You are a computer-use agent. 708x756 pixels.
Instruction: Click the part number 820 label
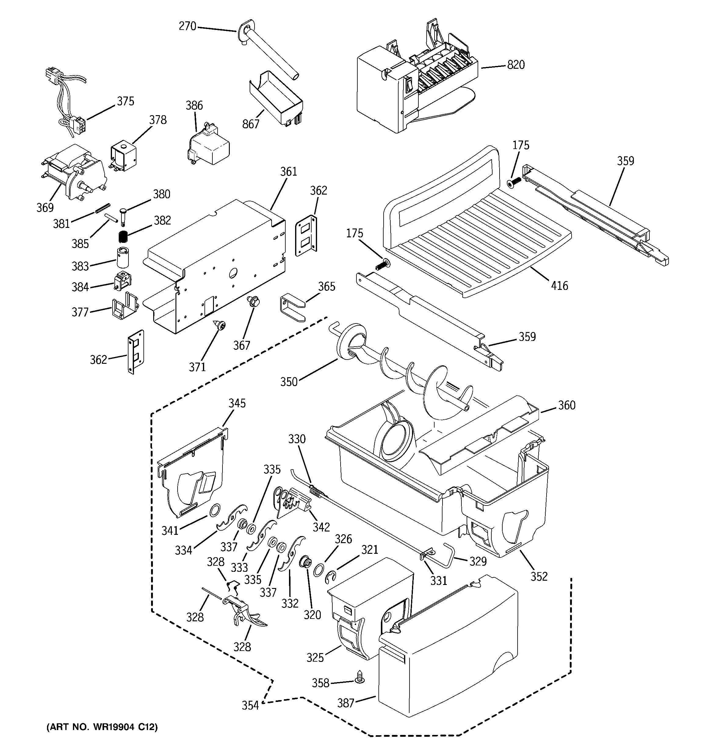(x=516, y=65)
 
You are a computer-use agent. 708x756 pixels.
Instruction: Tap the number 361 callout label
(x=288, y=172)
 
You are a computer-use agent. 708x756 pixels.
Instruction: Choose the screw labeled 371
(x=220, y=325)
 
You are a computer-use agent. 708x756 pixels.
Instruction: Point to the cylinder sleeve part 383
(x=123, y=258)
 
